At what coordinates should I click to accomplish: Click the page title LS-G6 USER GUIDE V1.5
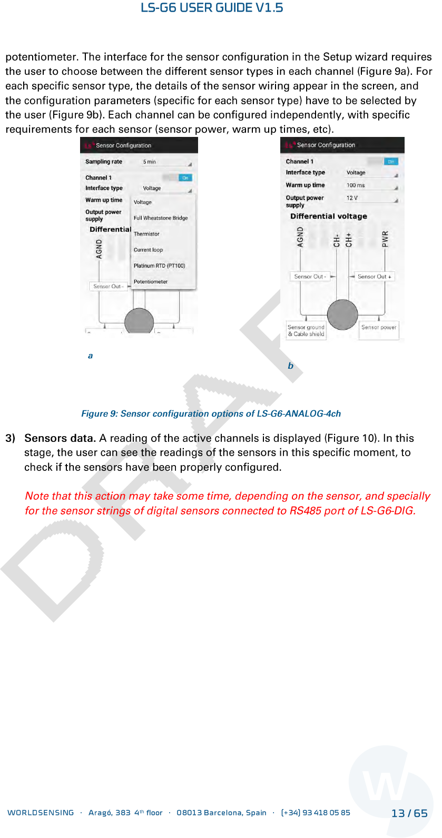click(x=212, y=8)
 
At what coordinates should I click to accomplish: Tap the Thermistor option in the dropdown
click(x=146, y=234)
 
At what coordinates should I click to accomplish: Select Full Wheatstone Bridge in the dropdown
click(x=161, y=218)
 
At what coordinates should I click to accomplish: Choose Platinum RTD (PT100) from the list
click(x=159, y=266)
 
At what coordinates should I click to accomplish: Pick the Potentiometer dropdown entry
click(x=151, y=282)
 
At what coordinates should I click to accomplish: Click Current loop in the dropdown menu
click(x=148, y=250)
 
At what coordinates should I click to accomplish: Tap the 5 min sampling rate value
click(x=150, y=162)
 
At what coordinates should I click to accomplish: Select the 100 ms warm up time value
click(x=356, y=185)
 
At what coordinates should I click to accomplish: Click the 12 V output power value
click(x=352, y=198)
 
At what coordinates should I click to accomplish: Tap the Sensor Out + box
click(x=374, y=277)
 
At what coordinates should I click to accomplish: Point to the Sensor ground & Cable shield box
click(x=306, y=331)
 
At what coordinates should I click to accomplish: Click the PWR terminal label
click(x=385, y=239)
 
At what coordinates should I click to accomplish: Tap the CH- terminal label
click(x=337, y=240)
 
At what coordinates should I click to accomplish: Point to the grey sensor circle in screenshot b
click(x=342, y=314)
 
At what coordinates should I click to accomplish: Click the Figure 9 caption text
click(x=211, y=414)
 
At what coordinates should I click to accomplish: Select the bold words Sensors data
click(x=60, y=438)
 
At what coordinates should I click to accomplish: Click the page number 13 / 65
click(x=409, y=813)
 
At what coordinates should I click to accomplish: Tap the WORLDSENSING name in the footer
click(x=41, y=813)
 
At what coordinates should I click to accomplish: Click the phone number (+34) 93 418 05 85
click(x=316, y=813)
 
